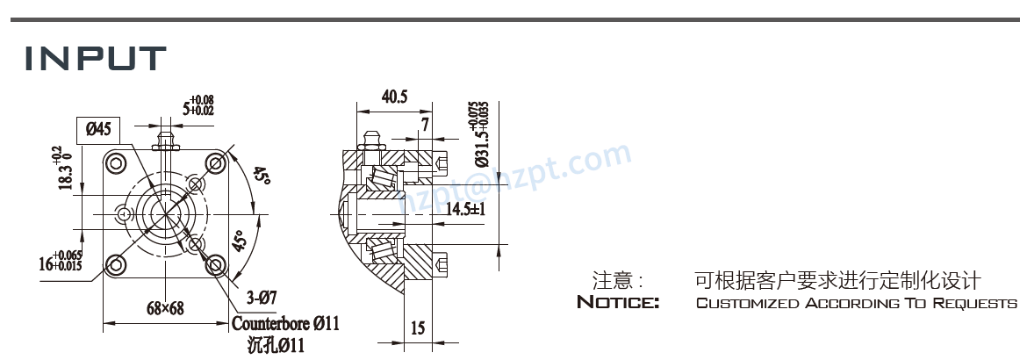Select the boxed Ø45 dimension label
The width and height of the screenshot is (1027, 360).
(97, 129)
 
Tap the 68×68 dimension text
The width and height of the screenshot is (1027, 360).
(164, 308)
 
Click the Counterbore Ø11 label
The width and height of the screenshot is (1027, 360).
(285, 324)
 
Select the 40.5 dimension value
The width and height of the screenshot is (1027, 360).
(394, 97)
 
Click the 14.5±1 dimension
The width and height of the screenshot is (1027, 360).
(465, 209)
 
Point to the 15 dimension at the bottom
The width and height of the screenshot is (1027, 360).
(417, 328)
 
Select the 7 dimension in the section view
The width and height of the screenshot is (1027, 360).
(425, 125)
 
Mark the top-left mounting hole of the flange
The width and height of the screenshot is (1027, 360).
(114, 163)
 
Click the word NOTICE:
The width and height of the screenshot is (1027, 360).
(618, 303)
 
